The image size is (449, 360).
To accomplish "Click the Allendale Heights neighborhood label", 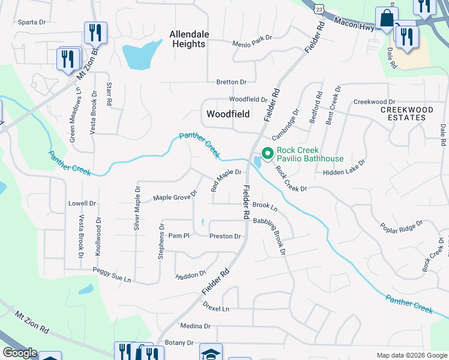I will [187, 39].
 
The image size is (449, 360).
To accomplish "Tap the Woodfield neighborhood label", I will [228, 113].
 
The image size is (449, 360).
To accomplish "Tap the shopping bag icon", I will [387, 19].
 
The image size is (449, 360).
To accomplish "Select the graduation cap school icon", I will [211, 353].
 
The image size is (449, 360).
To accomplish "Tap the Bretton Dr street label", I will [232, 82].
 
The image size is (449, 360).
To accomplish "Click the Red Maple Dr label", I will [226, 180].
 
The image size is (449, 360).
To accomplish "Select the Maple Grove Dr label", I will [175, 196].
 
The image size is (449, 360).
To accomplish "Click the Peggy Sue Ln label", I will [112, 275].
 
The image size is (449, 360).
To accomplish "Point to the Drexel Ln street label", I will [216, 308].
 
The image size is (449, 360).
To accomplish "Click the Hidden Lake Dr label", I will [344, 172].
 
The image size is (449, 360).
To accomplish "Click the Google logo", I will [19, 353].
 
